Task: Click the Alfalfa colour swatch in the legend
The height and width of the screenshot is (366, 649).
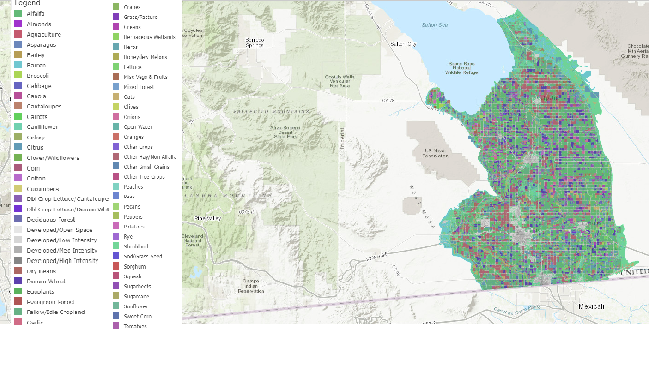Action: point(18,14)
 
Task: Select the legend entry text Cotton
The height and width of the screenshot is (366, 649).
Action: point(36,179)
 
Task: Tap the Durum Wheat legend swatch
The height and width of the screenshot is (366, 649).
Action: point(18,281)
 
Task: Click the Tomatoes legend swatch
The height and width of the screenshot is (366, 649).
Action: point(115,326)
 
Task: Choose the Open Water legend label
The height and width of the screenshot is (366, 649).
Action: point(138,127)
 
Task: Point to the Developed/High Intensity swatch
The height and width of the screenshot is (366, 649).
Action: point(18,261)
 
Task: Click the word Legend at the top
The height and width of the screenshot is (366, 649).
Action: point(27,3)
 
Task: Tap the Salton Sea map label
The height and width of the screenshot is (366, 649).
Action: point(435,25)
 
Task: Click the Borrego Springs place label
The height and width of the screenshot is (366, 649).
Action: point(255,42)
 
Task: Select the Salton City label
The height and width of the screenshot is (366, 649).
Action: point(403,44)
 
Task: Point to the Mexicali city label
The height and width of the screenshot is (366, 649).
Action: point(591,306)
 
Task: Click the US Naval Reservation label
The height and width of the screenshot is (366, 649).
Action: point(435,153)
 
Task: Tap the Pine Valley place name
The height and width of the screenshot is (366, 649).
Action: point(207,218)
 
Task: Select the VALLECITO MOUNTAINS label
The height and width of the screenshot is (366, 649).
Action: point(271,112)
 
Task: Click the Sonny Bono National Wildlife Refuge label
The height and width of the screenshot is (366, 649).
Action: point(461,68)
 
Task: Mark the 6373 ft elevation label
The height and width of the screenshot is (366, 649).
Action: point(246,212)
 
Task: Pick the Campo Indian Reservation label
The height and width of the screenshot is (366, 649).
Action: point(251,286)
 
